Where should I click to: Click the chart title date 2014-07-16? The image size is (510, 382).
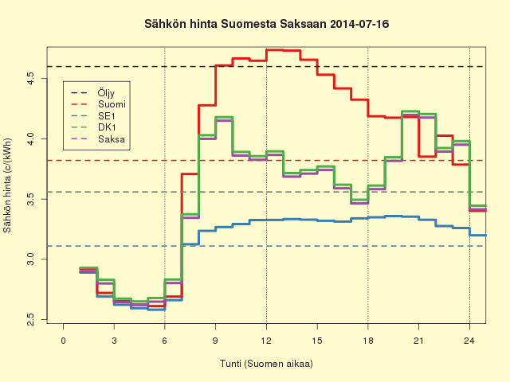(x=359, y=24)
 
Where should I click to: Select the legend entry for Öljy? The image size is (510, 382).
(x=106, y=93)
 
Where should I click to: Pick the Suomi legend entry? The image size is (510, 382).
(x=112, y=104)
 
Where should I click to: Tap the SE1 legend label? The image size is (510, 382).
(x=107, y=116)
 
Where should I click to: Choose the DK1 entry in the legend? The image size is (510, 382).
(x=107, y=127)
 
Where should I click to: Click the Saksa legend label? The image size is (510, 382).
(x=112, y=139)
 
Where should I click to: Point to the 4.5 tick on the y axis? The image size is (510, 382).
(x=31, y=78)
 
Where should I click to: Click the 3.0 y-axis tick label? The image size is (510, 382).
(x=31, y=259)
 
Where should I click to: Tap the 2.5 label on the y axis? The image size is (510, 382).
(x=31, y=319)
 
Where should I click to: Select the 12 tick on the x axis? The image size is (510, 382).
(x=266, y=341)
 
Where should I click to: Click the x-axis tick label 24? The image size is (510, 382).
(x=469, y=341)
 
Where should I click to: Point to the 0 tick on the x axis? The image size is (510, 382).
(x=64, y=341)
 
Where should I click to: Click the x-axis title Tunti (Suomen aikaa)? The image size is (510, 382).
(x=266, y=364)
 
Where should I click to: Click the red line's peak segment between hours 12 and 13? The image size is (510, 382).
(x=275, y=50)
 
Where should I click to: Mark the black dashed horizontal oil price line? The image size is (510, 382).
(x=266, y=67)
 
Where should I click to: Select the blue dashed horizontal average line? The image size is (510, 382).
(x=266, y=246)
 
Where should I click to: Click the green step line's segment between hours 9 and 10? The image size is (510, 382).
(x=224, y=117)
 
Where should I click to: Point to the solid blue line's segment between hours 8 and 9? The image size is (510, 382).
(x=207, y=231)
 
